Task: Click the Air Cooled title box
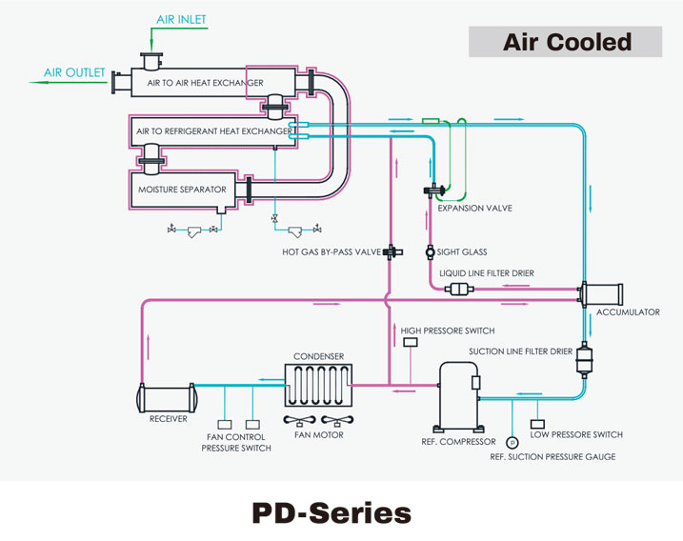(567, 42)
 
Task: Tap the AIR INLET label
(180, 18)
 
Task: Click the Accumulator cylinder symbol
(603, 293)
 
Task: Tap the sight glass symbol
(430, 252)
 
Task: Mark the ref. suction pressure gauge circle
(512, 442)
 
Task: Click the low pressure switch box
(538, 422)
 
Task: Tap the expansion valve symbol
(430, 191)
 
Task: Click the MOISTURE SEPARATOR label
(182, 190)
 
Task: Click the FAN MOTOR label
(319, 435)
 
